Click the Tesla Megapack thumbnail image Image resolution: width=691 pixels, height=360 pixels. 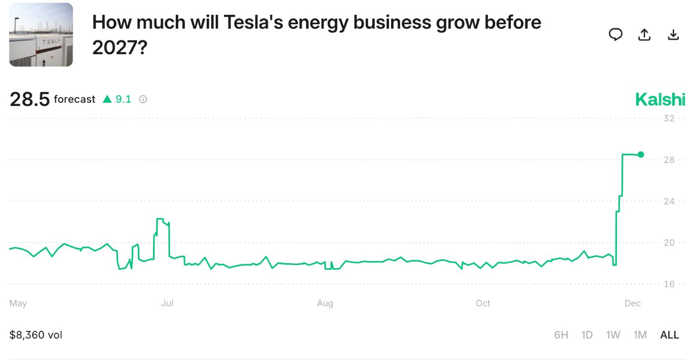pyautogui.click(x=41, y=35)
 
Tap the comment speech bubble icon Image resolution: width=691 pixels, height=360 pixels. pyautogui.click(x=615, y=35)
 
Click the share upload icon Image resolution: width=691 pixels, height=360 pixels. pyautogui.click(x=644, y=35)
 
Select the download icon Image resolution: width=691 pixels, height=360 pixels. pyautogui.click(x=673, y=35)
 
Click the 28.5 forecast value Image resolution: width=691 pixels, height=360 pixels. pyautogui.click(x=30, y=99)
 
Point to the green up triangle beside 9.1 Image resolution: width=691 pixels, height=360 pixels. pyautogui.click(x=107, y=99)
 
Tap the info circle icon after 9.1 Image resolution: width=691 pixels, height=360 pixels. pyautogui.click(x=143, y=99)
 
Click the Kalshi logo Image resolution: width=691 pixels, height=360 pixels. pyautogui.click(x=660, y=99)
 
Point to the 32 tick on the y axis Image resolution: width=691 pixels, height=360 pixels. pyautogui.click(x=669, y=119)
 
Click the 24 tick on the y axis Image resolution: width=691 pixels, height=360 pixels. pyautogui.click(x=669, y=201)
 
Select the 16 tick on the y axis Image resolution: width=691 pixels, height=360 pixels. pyautogui.click(x=669, y=284)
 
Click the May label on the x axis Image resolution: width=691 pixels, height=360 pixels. pyautogui.click(x=18, y=303)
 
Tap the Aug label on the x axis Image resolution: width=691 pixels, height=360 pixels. pyautogui.click(x=325, y=303)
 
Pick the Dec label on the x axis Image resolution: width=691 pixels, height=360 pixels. pyautogui.click(x=632, y=303)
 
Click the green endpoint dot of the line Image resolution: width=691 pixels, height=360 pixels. pyautogui.click(x=641, y=155)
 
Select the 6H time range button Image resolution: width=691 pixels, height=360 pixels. pyautogui.click(x=561, y=335)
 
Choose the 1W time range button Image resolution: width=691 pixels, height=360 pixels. pyautogui.click(x=613, y=335)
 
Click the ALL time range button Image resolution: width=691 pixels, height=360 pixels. pyautogui.click(x=669, y=335)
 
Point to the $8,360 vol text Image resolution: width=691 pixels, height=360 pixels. pyautogui.click(x=36, y=335)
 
